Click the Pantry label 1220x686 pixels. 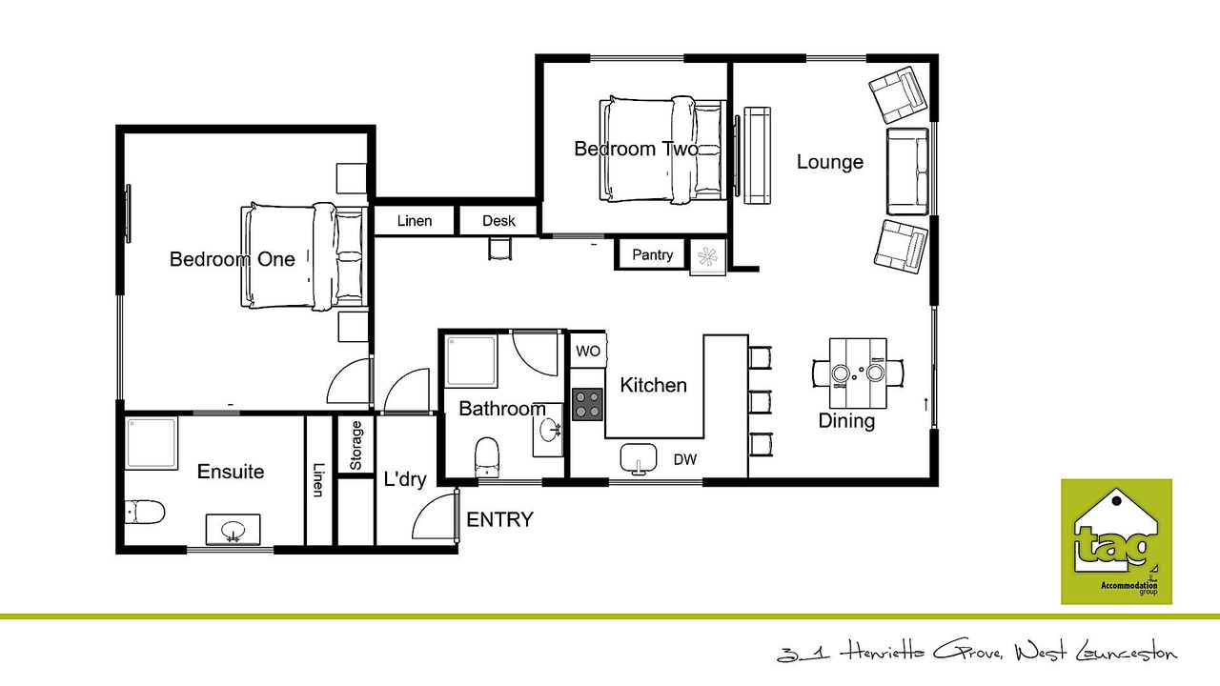click(652, 254)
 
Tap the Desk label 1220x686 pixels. click(498, 220)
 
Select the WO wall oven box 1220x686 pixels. click(588, 351)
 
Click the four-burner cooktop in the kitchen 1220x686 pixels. click(587, 405)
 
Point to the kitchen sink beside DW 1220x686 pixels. click(639, 458)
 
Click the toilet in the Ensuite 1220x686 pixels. click(144, 513)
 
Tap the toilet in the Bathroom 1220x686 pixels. click(486, 456)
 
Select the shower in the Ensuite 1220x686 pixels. click(152, 443)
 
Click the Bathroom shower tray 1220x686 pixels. click(472, 361)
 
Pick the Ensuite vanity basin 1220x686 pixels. click(233, 529)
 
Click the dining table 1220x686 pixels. click(858, 373)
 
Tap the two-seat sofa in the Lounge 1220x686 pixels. click(907, 171)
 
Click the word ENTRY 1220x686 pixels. click(499, 519)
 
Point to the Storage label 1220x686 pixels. click(356, 445)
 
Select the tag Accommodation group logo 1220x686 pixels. click(1116, 541)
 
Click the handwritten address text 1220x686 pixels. click(977, 653)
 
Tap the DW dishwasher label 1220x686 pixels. click(685, 459)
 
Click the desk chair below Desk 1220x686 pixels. click(499, 249)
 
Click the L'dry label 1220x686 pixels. click(405, 479)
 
